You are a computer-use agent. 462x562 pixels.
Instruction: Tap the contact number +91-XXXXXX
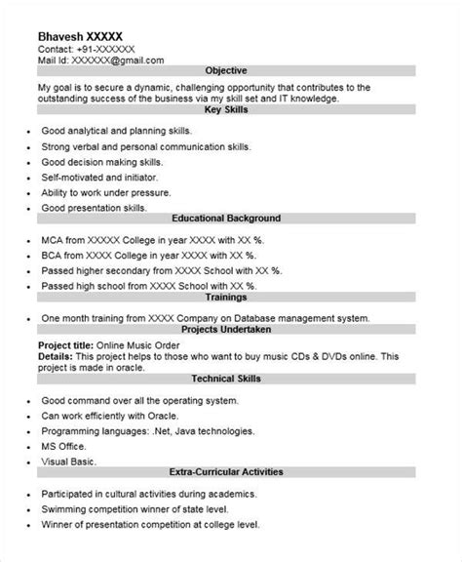tap(107, 48)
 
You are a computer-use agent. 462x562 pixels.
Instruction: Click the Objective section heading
tap(227, 71)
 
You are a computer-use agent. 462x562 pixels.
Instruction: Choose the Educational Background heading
tap(227, 219)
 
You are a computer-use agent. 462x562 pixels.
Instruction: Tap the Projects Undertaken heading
tap(227, 331)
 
